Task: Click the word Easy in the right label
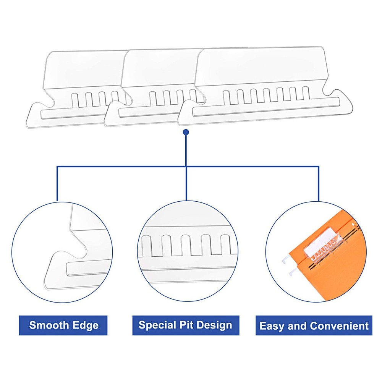tap(270, 326)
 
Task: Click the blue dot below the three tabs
tap(186, 132)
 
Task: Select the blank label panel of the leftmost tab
tap(84, 69)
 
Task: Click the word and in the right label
tap(298, 326)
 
